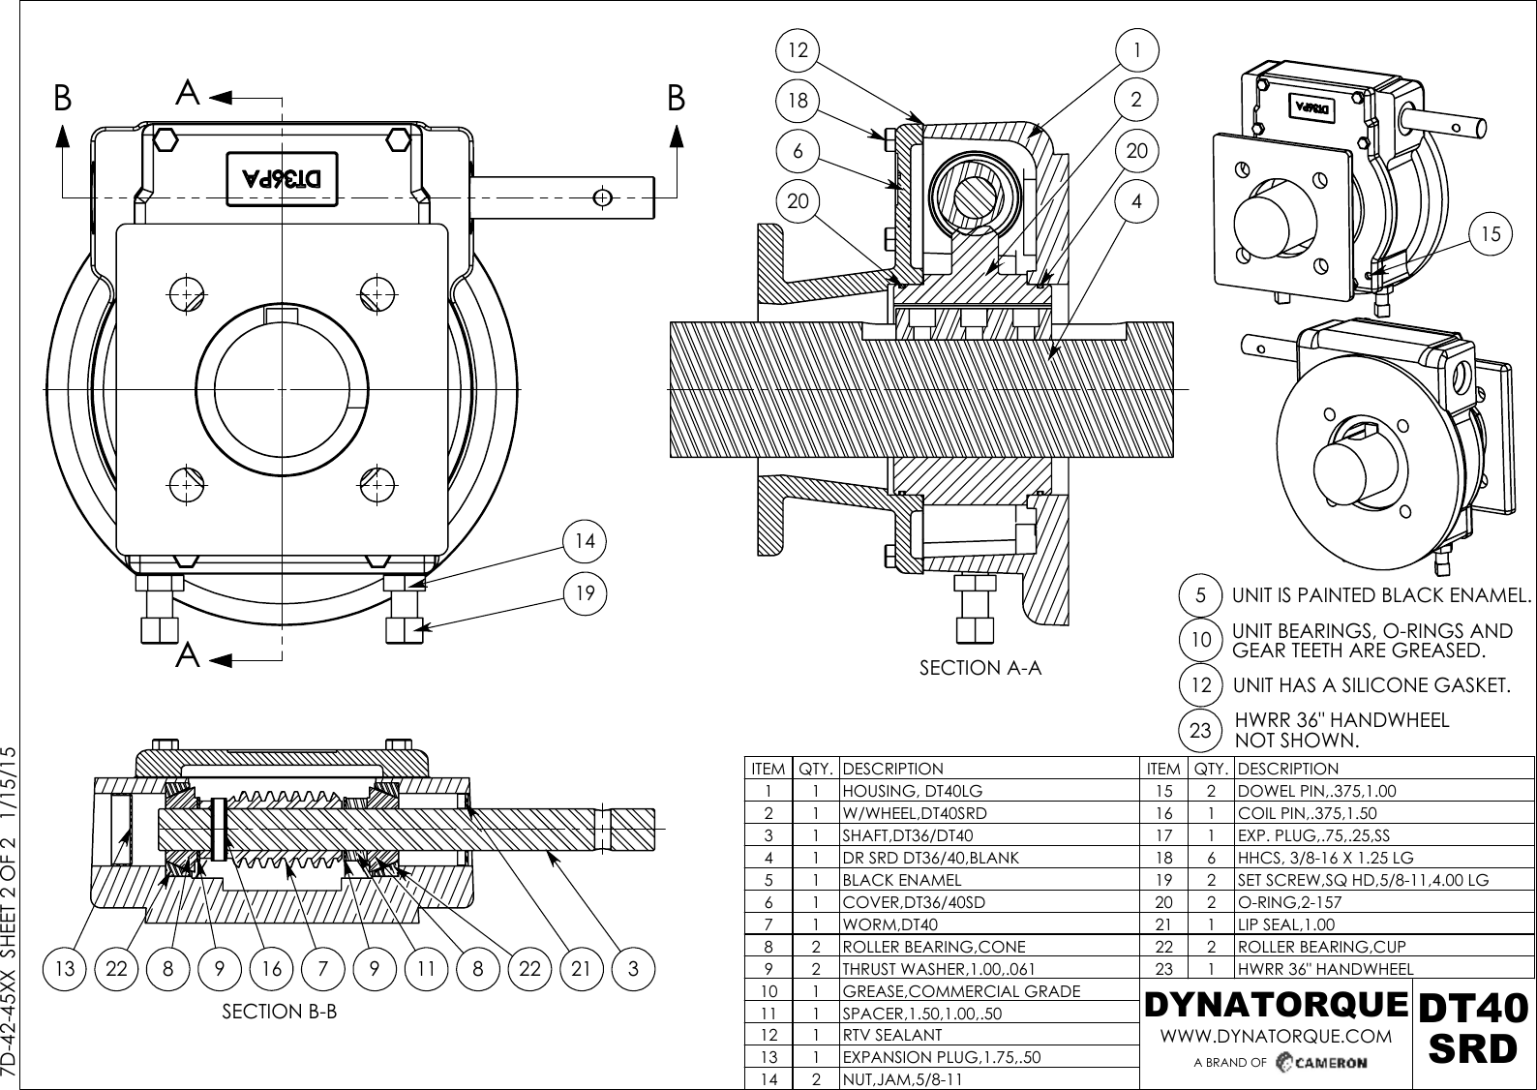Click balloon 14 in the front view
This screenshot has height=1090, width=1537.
pyautogui.click(x=585, y=541)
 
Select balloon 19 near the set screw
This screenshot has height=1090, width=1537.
pyautogui.click(x=585, y=591)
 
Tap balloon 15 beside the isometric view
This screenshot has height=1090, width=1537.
pyautogui.click(x=1491, y=233)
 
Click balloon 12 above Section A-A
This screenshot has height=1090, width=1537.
pyautogui.click(x=798, y=48)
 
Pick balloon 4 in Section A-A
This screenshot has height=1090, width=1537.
pyautogui.click(x=1137, y=201)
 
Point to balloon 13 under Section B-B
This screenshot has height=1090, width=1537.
pyautogui.click(x=65, y=968)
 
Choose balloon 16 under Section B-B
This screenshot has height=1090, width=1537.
pyautogui.click(x=272, y=968)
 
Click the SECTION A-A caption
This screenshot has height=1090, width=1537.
pyautogui.click(x=979, y=668)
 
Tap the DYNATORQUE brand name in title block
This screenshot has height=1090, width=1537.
pyautogui.click(x=1276, y=1005)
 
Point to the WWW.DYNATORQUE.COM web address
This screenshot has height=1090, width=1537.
pyautogui.click(x=1276, y=1037)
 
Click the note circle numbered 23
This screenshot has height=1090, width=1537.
pyautogui.click(x=1200, y=731)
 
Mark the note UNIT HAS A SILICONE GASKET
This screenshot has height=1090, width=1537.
pyautogui.click(x=1371, y=686)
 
